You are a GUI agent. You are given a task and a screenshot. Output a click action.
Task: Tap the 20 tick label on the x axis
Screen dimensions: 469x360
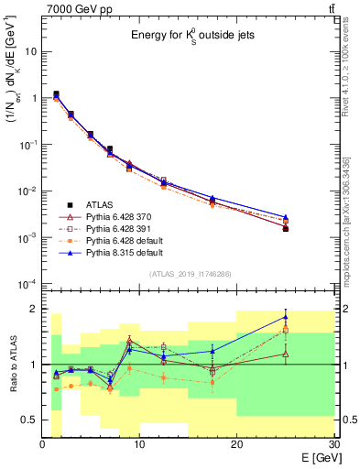point(236,445)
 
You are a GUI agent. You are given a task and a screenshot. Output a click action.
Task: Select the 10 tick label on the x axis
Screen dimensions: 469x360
point(139,445)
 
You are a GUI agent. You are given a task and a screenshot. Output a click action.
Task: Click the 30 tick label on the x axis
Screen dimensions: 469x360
point(332,445)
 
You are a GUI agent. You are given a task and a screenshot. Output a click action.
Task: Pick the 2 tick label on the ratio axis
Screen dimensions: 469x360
point(34,309)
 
